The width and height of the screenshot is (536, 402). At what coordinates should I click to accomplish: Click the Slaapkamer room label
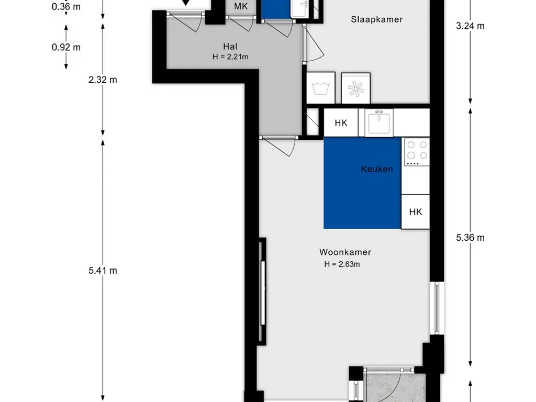(377, 19)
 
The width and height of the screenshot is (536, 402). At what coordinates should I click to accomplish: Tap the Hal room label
(230, 47)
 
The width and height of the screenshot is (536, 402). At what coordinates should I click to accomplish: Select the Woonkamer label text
(345, 252)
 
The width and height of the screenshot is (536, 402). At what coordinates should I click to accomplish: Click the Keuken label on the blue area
(377, 169)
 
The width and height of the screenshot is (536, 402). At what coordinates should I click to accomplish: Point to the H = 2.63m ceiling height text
(342, 264)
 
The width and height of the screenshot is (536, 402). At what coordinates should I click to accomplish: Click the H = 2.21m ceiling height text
(230, 57)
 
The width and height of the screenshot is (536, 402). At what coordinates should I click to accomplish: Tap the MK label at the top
(241, 6)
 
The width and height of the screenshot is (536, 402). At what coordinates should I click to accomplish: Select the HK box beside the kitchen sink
(341, 122)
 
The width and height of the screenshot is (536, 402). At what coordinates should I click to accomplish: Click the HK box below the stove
(415, 212)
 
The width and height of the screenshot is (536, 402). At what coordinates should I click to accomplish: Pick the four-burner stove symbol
(417, 152)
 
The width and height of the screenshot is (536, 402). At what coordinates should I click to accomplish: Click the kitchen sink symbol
(379, 122)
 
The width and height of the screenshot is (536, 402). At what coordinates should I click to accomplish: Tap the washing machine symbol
(321, 88)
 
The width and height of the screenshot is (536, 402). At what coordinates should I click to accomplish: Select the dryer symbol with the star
(355, 88)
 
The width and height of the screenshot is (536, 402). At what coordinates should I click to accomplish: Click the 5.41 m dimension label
(103, 271)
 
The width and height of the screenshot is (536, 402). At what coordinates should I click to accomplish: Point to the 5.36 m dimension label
(471, 238)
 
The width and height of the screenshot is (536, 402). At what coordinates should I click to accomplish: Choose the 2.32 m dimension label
(103, 80)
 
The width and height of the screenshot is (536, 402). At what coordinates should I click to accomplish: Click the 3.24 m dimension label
(471, 26)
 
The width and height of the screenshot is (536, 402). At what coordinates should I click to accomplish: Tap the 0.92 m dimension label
(66, 47)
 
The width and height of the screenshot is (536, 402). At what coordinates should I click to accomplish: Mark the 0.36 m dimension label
(66, 6)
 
